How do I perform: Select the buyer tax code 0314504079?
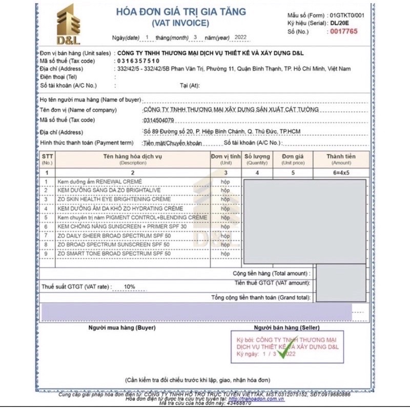(x=159, y=120)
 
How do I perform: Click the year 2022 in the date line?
(x=240, y=37)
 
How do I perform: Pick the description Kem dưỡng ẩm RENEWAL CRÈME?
(x=100, y=181)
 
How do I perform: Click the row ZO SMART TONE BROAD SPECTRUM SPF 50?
(x=114, y=253)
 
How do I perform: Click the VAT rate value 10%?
(x=129, y=286)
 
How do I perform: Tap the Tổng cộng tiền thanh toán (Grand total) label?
(x=261, y=297)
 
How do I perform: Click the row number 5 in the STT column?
(x=47, y=217)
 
